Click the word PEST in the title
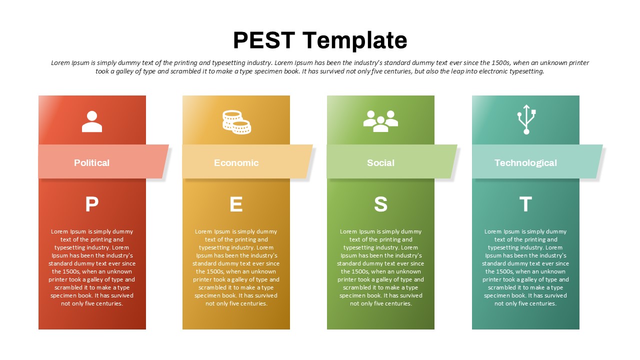coord(264,40)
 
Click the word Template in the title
coord(355,41)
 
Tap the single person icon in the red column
coord(91,121)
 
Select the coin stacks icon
coord(236,122)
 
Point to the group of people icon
coord(380,121)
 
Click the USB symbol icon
coord(526,119)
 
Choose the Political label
coord(91,163)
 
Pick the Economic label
coord(236,163)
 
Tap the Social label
coord(380,163)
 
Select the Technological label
coord(525,163)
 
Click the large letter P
coord(92,204)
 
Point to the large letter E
coord(236,204)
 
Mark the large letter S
coord(381,204)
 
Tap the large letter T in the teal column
coord(525,204)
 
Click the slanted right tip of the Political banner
coord(169,145)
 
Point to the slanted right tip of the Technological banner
coord(603,145)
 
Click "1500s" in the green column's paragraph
coord(357,271)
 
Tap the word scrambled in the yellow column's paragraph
coord(211,287)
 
